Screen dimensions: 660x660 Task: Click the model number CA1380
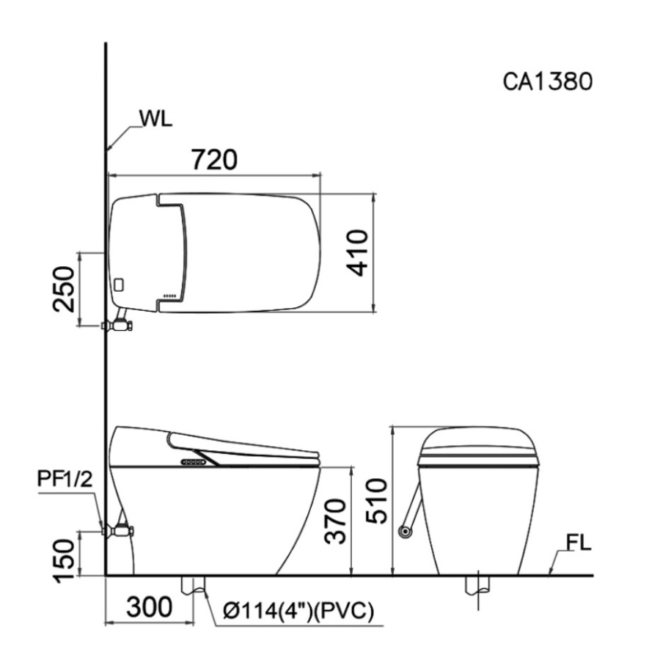click(548, 81)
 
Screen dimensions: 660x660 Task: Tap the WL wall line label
click(155, 119)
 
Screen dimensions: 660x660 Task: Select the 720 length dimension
click(214, 160)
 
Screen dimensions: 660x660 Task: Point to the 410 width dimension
click(359, 252)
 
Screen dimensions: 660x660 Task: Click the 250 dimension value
click(64, 289)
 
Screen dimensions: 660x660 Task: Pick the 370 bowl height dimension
click(337, 521)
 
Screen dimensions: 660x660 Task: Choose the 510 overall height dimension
click(376, 501)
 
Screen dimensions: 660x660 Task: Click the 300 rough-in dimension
click(149, 607)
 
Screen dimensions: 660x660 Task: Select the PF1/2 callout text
click(65, 479)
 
